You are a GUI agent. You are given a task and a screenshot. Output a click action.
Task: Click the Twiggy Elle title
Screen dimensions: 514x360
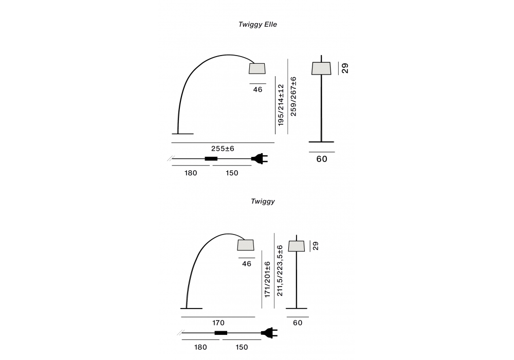[258, 25]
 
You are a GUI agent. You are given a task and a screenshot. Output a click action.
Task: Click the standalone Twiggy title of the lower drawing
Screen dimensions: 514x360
[263, 201]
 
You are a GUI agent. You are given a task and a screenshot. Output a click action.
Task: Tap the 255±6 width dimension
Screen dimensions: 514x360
[223, 149]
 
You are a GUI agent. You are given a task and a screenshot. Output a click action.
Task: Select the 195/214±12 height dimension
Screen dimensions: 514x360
[281, 105]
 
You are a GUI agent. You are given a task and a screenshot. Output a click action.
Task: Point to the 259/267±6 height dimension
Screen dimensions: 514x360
[293, 96]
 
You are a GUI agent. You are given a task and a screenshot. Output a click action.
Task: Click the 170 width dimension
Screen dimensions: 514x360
[218, 322]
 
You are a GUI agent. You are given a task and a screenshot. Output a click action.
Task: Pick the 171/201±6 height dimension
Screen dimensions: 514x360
[267, 279]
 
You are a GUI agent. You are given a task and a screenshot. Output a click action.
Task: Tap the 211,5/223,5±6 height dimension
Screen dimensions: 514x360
[280, 271]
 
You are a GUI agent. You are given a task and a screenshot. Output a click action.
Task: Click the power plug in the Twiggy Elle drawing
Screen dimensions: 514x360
[260, 159]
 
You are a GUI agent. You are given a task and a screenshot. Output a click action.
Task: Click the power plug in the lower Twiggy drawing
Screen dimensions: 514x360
[269, 333]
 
